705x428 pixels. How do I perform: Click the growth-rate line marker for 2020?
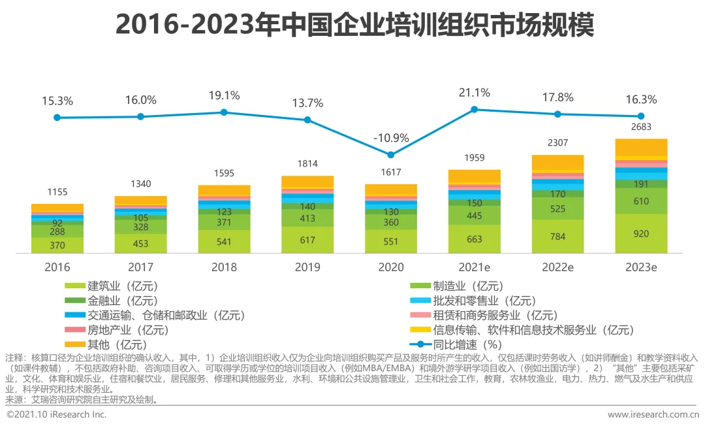[x=391, y=155]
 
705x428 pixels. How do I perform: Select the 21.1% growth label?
[x=475, y=92]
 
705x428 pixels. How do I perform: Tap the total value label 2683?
[x=641, y=127]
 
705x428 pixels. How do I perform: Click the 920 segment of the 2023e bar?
[x=641, y=234]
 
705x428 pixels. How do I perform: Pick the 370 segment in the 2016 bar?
[x=57, y=244]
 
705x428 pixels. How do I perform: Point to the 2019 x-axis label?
[x=307, y=267]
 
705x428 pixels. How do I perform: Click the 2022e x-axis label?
[x=557, y=267]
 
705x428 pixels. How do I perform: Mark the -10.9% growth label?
[x=391, y=138]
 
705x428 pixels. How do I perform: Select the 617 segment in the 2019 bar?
[x=307, y=240]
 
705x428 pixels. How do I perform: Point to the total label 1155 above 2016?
[x=57, y=192]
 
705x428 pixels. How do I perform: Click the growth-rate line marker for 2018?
[x=224, y=112]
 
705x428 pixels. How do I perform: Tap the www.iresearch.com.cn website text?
[x=653, y=415]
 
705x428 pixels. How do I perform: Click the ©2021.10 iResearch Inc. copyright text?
[x=57, y=415]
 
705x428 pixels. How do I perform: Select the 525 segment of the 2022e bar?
[x=557, y=208]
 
